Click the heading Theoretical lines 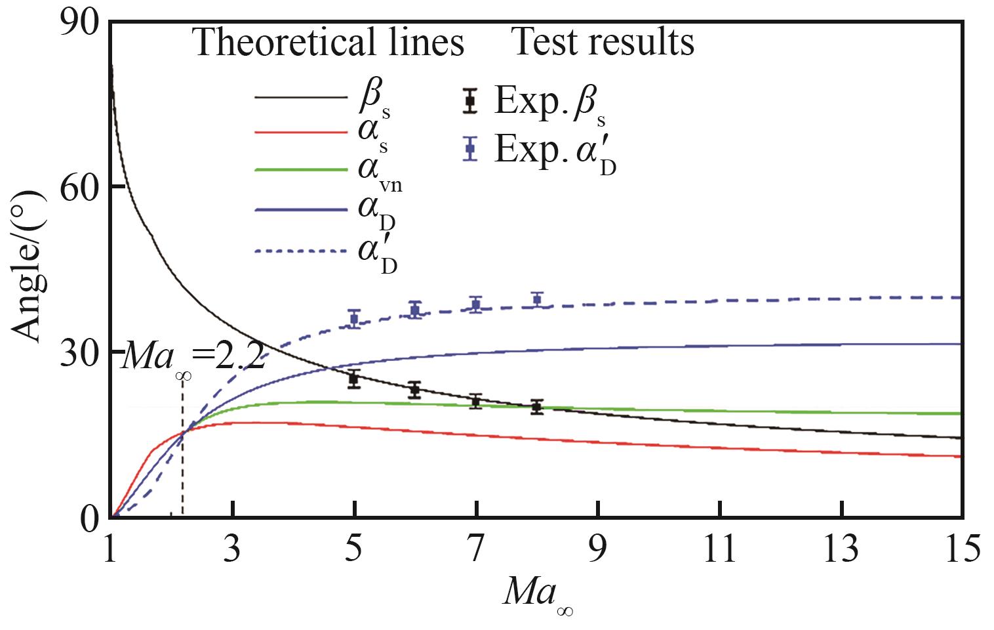328,43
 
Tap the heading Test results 602,42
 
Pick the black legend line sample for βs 301,98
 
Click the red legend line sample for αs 301,133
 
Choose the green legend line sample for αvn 301,169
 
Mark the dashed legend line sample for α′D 301,250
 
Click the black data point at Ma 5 354,379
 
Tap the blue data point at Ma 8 538,300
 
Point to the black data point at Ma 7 477,401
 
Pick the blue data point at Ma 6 415,310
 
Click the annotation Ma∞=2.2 194,358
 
